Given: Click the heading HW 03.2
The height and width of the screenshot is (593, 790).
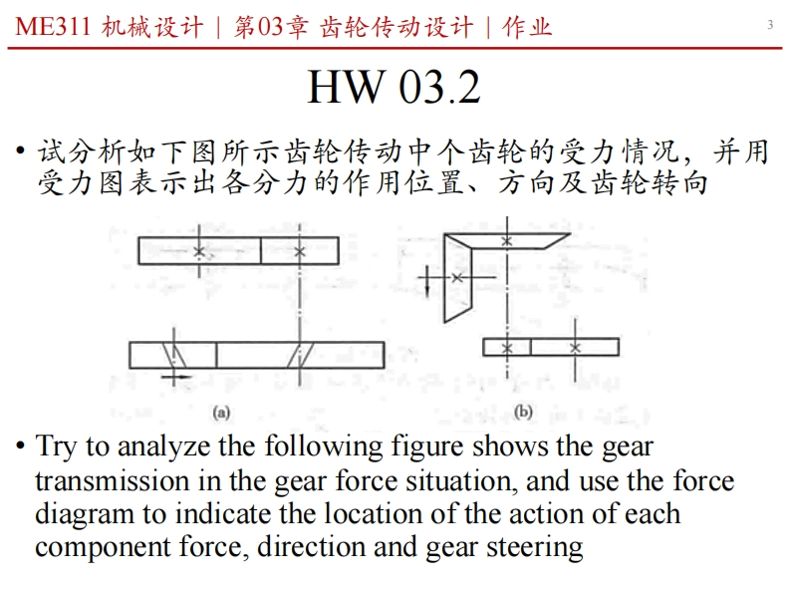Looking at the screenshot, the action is tap(394, 87).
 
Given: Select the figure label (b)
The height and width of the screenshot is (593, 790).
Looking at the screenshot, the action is tap(523, 411).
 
